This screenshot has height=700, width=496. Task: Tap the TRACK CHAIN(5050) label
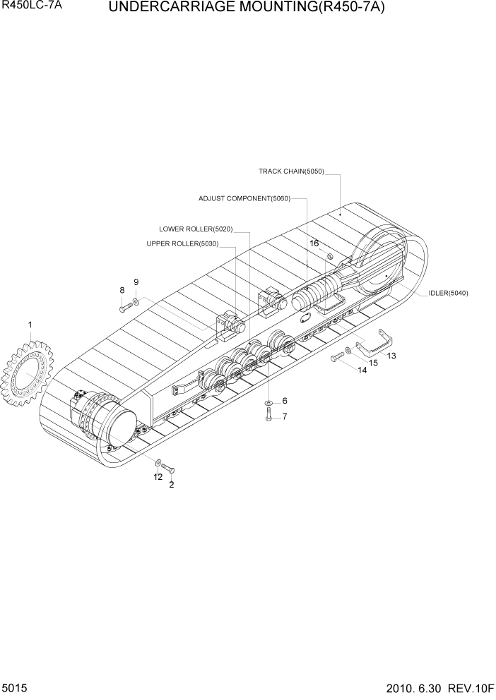(291, 171)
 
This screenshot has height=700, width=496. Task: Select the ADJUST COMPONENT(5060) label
(244, 199)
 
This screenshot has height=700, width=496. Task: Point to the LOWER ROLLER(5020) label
(196, 229)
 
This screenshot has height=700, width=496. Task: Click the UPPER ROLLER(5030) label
(182, 244)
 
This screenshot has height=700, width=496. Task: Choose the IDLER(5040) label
(448, 293)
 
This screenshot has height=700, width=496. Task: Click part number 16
(314, 243)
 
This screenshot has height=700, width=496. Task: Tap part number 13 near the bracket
(391, 356)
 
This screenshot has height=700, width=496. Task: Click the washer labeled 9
(136, 301)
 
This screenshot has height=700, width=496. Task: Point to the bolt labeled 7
(268, 416)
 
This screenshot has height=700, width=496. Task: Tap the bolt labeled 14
(336, 358)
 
